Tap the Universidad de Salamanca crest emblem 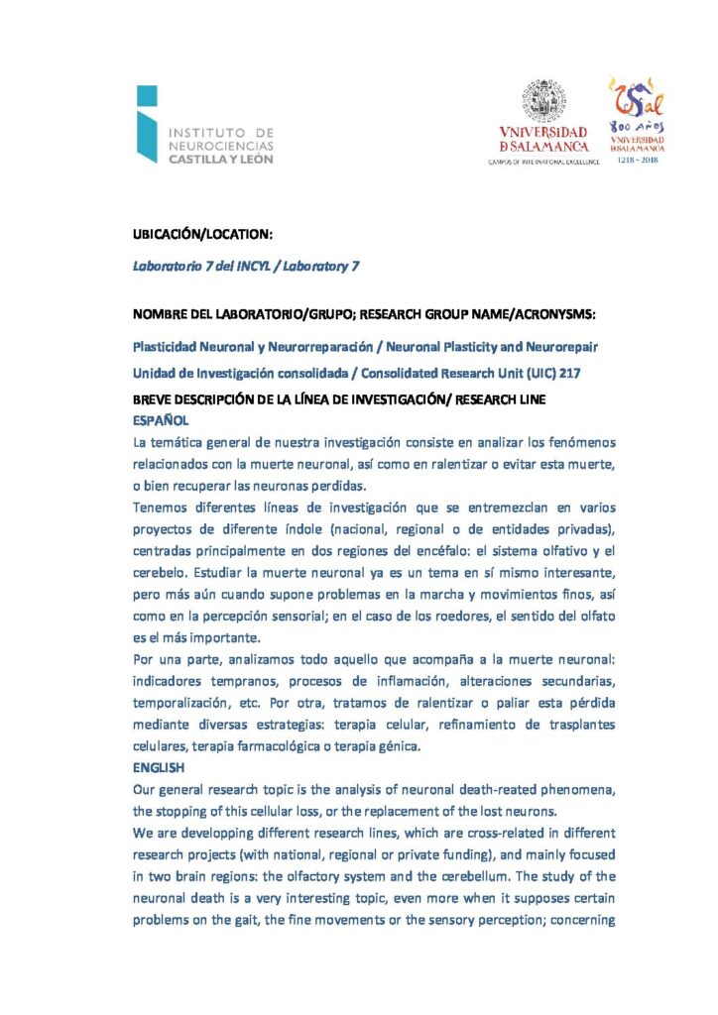coord(543,102)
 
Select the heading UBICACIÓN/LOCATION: coord(202,235)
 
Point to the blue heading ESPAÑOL coord(160,419)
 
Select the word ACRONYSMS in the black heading coord(550,314)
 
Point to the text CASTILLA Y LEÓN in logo coord(220,158)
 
